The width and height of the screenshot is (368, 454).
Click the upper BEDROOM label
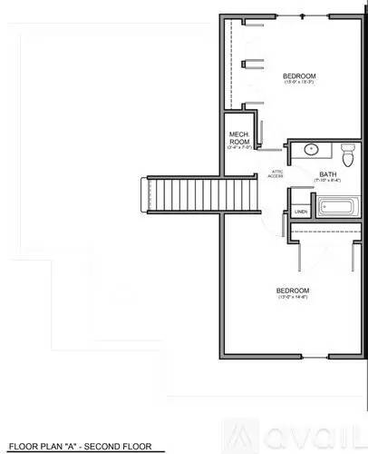tap(298, 74)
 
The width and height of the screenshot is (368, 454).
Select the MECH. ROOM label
tap(238, 138)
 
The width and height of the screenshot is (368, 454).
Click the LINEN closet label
tap(301, 212)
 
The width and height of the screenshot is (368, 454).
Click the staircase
tap(181, 192)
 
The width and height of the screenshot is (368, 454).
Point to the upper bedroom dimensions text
tap(298, 83)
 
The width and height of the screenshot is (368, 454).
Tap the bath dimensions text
tap(327, 182)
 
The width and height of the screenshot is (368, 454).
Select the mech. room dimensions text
tap(238, 148)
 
